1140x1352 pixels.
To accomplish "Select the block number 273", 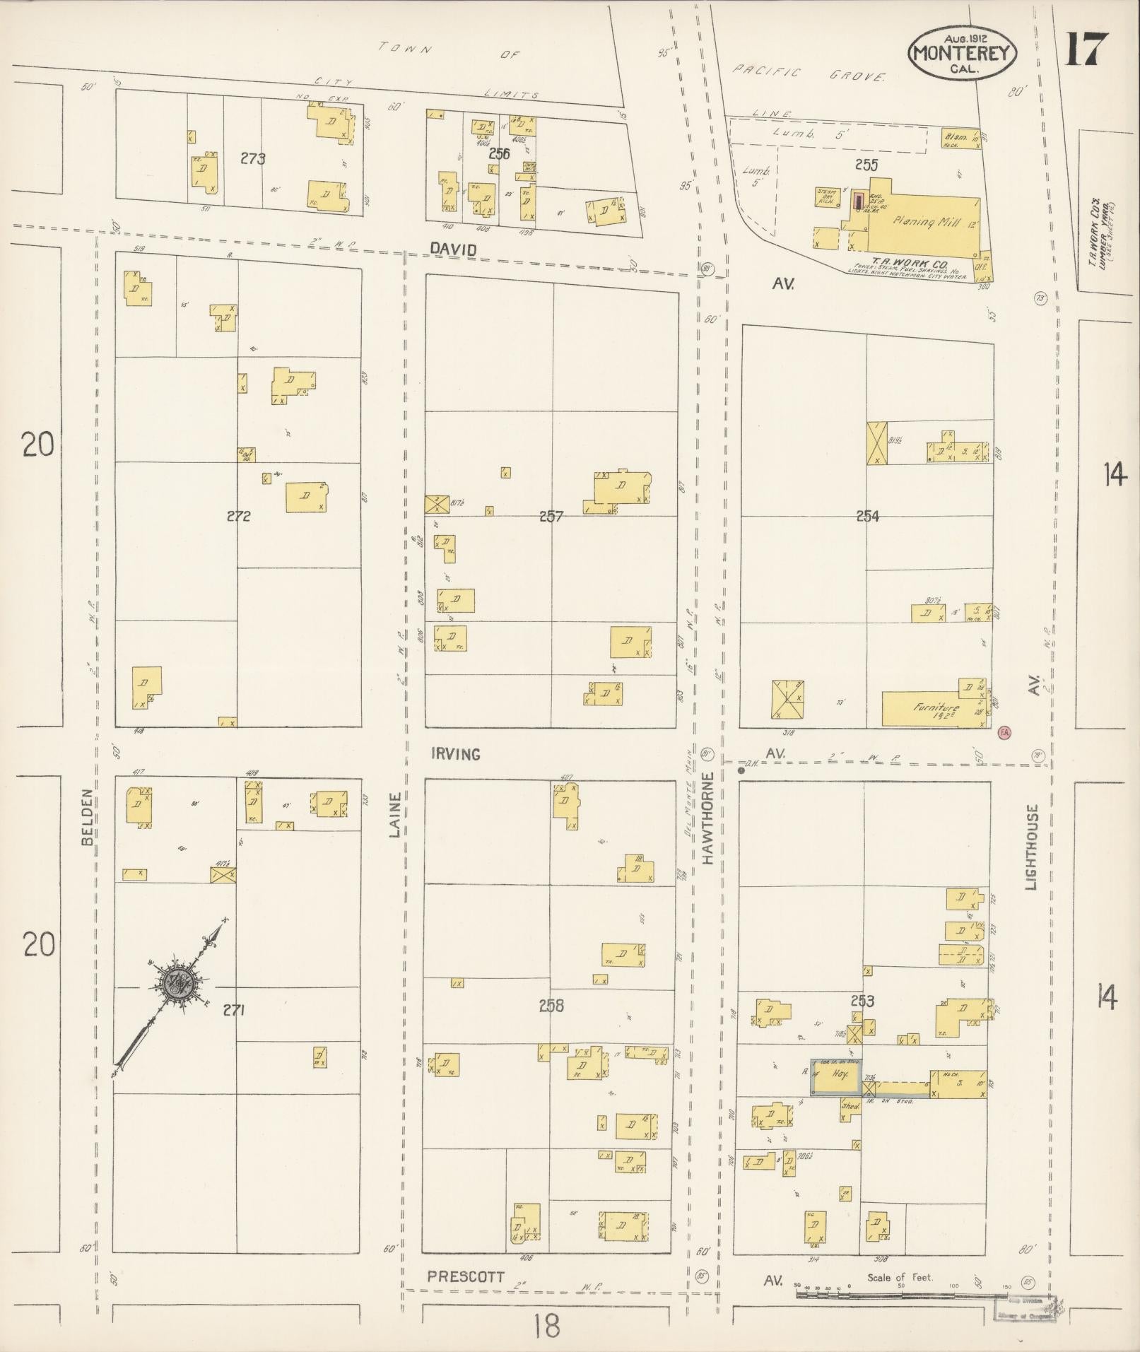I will coord(252,158).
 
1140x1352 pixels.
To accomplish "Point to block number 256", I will coord(499,153).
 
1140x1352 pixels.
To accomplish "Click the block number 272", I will coord(238,516).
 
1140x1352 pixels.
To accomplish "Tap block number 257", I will coord(551,517).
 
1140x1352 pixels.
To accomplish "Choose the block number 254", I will coord(867,517).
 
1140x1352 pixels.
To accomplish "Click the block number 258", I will coord(551,1006).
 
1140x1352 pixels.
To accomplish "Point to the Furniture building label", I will coord(935,707).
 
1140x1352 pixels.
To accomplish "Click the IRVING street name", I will coord(455,754).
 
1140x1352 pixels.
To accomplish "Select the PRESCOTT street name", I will coord(466,1276).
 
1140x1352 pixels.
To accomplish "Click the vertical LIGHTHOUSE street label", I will coord(1032,847).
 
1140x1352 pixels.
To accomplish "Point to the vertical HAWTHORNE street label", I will coord(708,817).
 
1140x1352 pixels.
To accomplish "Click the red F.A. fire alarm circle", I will coord(1004,734).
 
